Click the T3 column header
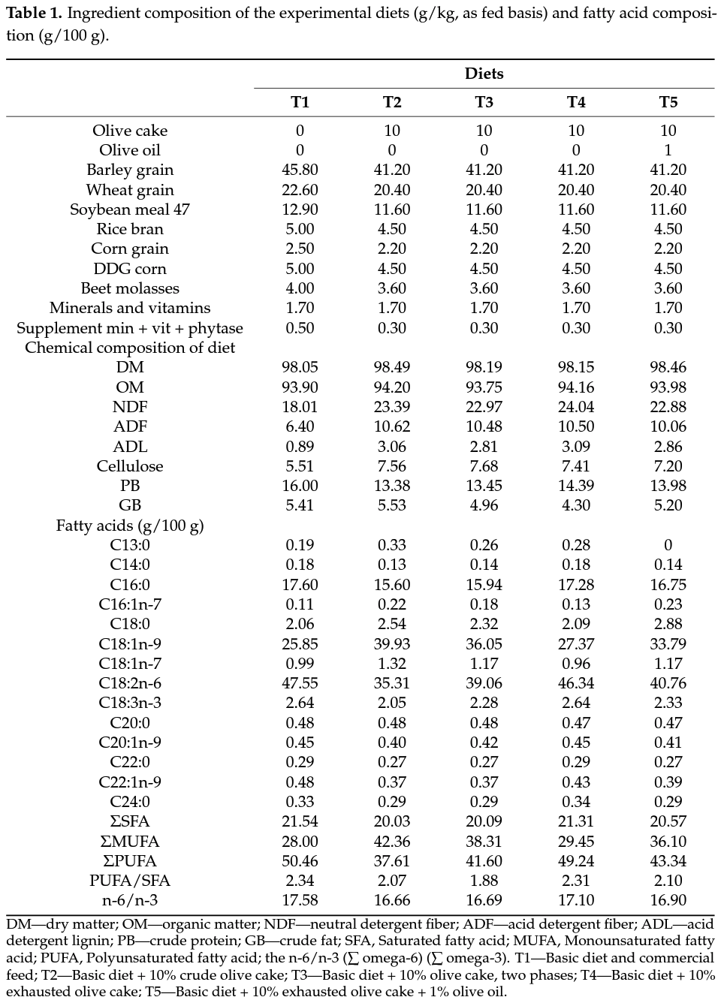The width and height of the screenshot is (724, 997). click(x=484, y=102)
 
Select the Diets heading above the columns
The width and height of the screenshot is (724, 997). click(x=484, y=74)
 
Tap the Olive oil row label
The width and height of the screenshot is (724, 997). click(x=130, y=150)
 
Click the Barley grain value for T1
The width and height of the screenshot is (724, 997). click(x=300, y=170)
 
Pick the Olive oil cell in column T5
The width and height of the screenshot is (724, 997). click(x=668, y=150)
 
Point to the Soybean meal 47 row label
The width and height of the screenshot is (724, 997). click(x=130, y=209)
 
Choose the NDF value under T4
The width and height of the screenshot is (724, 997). click(x=576, y=407)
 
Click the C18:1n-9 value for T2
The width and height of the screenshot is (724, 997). click(x=391, y=644)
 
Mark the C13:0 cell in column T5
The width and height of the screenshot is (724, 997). click(x=668, y=545)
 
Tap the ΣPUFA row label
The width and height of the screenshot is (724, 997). click(x=130, y=861)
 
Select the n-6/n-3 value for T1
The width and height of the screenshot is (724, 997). click(x=300, y=900)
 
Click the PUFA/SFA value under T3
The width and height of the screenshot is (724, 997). click(x=484, y=881)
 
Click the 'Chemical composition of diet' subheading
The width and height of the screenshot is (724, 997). click(x=130, y=348)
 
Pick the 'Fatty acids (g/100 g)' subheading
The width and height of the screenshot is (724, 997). click(x=130, y=526)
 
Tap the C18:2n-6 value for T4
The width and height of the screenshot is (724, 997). click(x=576, y=683)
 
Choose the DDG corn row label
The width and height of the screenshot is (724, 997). click(x=130, y=269)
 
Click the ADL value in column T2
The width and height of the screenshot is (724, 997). click(x=391, y=447)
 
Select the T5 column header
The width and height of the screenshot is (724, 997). click(x=668, y=102)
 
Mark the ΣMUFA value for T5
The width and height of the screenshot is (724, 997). click(x=668, y=842)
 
